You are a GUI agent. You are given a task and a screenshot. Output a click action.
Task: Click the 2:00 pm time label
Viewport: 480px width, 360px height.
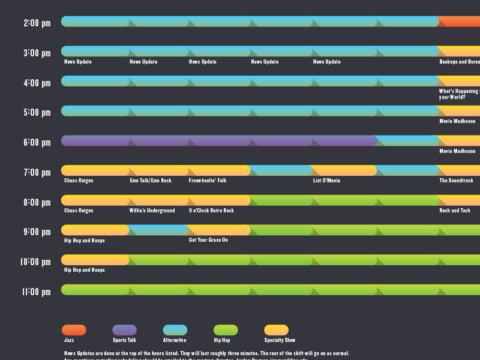[37, 23]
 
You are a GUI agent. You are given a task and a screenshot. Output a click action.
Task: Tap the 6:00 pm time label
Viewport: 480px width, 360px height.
[37, 143]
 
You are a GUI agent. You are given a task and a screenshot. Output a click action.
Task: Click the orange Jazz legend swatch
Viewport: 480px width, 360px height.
[74, 330]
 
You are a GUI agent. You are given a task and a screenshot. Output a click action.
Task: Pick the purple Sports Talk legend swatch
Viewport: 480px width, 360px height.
[124, 330]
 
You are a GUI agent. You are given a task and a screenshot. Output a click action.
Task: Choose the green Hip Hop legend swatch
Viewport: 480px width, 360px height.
[226, 330]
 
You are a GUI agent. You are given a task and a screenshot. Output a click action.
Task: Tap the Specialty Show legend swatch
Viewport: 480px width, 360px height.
[276, 330]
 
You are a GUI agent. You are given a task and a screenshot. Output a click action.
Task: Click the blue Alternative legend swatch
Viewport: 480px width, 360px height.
[175, 330]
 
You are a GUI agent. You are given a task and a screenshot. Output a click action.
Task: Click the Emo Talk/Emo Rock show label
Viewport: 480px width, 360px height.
[151, 181]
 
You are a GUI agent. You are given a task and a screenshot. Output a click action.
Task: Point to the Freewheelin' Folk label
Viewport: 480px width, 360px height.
[208, 181]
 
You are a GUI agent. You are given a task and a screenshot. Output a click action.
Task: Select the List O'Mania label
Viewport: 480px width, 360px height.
[326, 181]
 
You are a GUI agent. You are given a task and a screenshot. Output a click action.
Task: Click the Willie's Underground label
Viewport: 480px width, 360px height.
[152, 211]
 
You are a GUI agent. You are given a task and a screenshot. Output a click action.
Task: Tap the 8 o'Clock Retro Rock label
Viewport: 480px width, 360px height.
[211, 211]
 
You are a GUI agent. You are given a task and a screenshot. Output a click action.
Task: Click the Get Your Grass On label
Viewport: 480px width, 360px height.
[208, 240]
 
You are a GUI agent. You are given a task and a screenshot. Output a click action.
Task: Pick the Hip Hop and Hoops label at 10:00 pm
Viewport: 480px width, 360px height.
[85, 270]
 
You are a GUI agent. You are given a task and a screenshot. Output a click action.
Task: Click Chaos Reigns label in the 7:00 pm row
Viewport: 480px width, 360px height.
[79, 181]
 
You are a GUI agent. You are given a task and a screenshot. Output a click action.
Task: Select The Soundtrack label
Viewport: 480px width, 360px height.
[456, 181]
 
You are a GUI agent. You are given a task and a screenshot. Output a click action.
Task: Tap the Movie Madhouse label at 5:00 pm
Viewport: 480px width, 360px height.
[457, 121]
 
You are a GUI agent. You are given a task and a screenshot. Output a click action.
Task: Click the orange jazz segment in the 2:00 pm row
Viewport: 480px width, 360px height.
[459, 22]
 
